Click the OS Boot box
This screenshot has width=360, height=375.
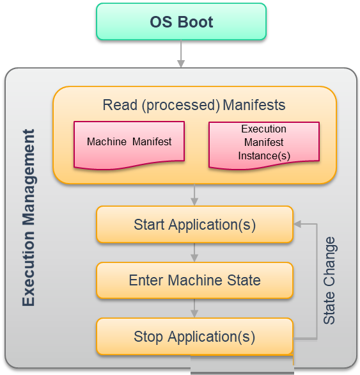tap(181, 22)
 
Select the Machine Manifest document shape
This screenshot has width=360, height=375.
tap(129, 145)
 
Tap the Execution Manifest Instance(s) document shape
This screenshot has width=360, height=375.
tap(264, 145)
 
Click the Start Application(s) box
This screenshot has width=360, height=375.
tap(194, 225)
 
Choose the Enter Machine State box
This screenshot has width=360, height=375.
tap(194, 280)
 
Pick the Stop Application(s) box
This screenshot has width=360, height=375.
tap(194, 337)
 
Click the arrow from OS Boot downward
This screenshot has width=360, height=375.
tap(181, 54)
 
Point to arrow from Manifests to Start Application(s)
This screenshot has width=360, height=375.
tap(194, 195)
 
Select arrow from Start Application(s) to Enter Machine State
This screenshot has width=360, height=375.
tap(194, 253)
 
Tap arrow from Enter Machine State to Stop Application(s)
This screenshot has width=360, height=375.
tap(194, 308)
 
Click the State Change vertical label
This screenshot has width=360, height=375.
tap(329, 280)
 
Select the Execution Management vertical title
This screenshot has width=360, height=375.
tap(29, 218)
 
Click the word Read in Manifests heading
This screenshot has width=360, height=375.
tap(120, 105)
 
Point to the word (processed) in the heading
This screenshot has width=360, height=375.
tap(181, 106)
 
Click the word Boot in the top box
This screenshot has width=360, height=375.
tap(195, 22)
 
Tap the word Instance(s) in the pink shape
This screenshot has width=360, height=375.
tap(264, 156)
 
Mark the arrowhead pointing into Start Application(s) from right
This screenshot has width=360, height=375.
tap(297, 225)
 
